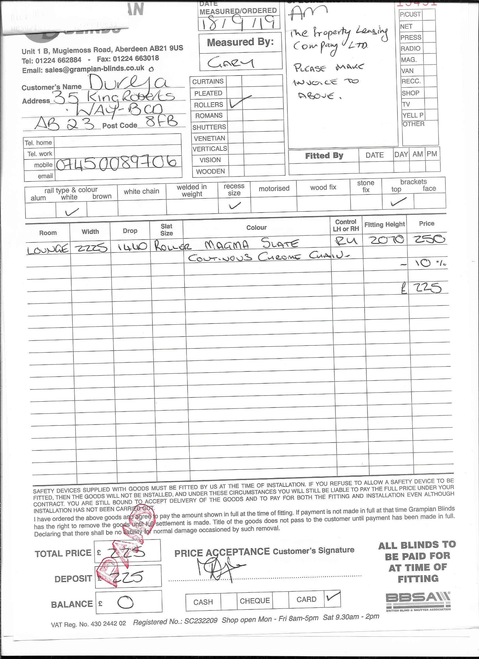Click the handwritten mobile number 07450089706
coord(116,163)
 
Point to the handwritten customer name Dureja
coord(128,83)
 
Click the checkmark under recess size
coord(234,206)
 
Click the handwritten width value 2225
coord(91,248)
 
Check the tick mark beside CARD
coord(333,597)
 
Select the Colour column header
coord(256,227)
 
